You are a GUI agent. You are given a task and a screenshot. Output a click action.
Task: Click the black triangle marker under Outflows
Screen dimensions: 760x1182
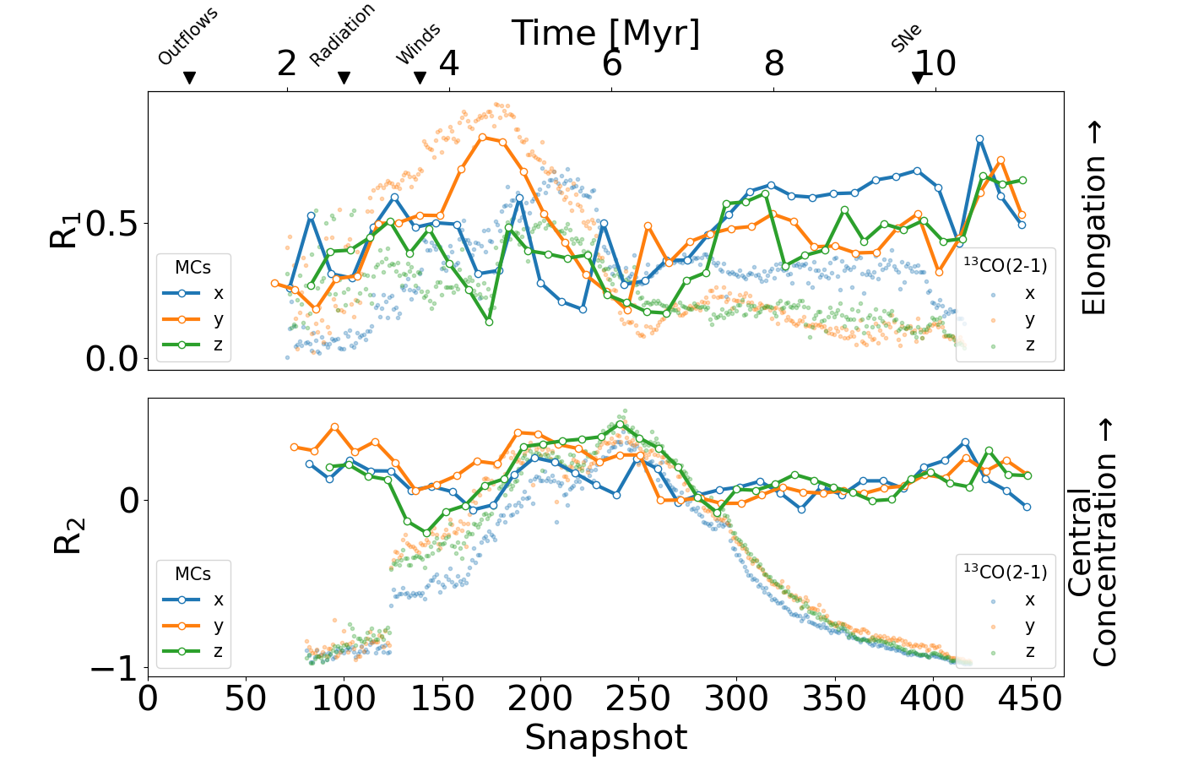pos(189,78)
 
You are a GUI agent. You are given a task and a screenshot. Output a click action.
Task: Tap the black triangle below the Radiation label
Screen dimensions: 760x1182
pos(344,78)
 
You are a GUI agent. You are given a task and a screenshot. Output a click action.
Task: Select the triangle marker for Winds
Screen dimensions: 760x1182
pos(420,78)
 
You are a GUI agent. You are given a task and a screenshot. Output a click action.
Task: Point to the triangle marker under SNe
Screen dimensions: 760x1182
pos(918,78)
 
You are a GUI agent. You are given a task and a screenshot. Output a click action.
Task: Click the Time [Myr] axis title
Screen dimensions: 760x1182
pos(605,34)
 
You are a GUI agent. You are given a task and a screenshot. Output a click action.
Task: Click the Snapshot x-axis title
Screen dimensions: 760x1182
pos(605,737)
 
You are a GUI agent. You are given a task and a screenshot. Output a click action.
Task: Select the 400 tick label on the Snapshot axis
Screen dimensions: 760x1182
pos(933,699)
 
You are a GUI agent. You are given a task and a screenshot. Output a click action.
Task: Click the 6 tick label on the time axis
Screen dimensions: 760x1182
pos(612,63)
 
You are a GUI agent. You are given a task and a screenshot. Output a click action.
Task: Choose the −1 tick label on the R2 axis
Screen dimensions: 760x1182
pos(114,670)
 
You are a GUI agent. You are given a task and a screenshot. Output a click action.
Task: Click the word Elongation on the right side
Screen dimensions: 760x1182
pos(1094,236)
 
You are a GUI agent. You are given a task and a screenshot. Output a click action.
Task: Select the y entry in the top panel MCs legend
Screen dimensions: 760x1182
pos(219,319)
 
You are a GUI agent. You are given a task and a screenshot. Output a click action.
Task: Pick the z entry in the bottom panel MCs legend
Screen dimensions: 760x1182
pos(219,651)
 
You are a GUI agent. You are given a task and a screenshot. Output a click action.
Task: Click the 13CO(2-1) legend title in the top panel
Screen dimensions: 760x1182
pos(1005,265)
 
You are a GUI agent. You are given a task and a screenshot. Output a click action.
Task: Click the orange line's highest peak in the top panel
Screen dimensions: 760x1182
pos(482,137)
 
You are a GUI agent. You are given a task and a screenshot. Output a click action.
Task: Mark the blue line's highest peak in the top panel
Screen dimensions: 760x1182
pos(979,138)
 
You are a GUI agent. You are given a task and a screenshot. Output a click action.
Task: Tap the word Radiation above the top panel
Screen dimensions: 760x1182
pos(341,35)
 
